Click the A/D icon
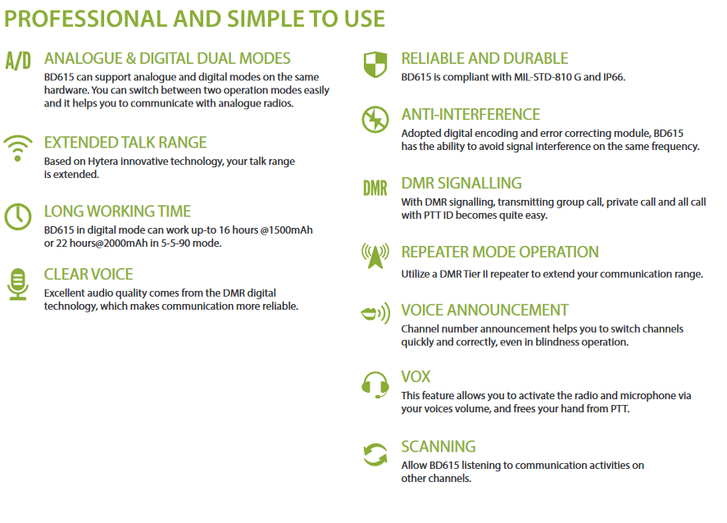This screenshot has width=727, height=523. [x=18, y=61]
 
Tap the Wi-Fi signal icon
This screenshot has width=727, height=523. [x=17, y=148]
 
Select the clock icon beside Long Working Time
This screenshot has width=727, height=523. [x=18, y=216]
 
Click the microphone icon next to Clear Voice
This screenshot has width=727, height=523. [x=17, y=284]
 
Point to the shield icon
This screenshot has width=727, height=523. [x=375, y=65]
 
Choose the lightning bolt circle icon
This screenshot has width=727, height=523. [x=375, y=120]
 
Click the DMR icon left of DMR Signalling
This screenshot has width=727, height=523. [x=375, y=189]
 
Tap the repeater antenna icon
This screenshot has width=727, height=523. [x=375, y=256]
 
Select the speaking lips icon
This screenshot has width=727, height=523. [x=375, y=313]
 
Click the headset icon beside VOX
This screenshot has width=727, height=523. [x=375, y=384]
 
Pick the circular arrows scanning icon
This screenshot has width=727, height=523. [x=375, y=454]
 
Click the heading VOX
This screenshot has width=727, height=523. [x=416, y=376]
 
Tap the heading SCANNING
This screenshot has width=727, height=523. [x=438, y=447]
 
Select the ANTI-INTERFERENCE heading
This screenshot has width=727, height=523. [x=470, y=115]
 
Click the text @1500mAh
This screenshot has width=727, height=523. [x=286, y=230]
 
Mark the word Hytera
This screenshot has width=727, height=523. [x=103, y=161]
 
